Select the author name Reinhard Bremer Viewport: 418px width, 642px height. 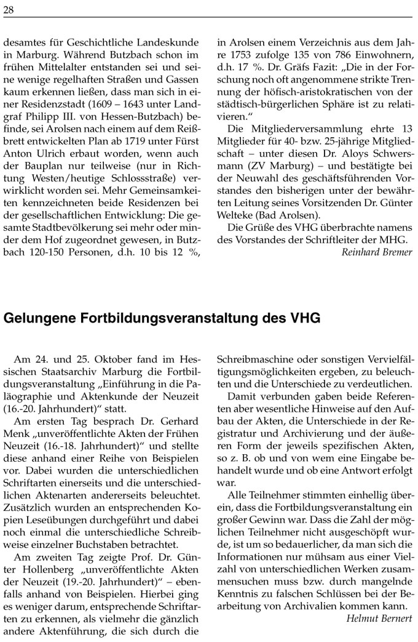377,252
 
